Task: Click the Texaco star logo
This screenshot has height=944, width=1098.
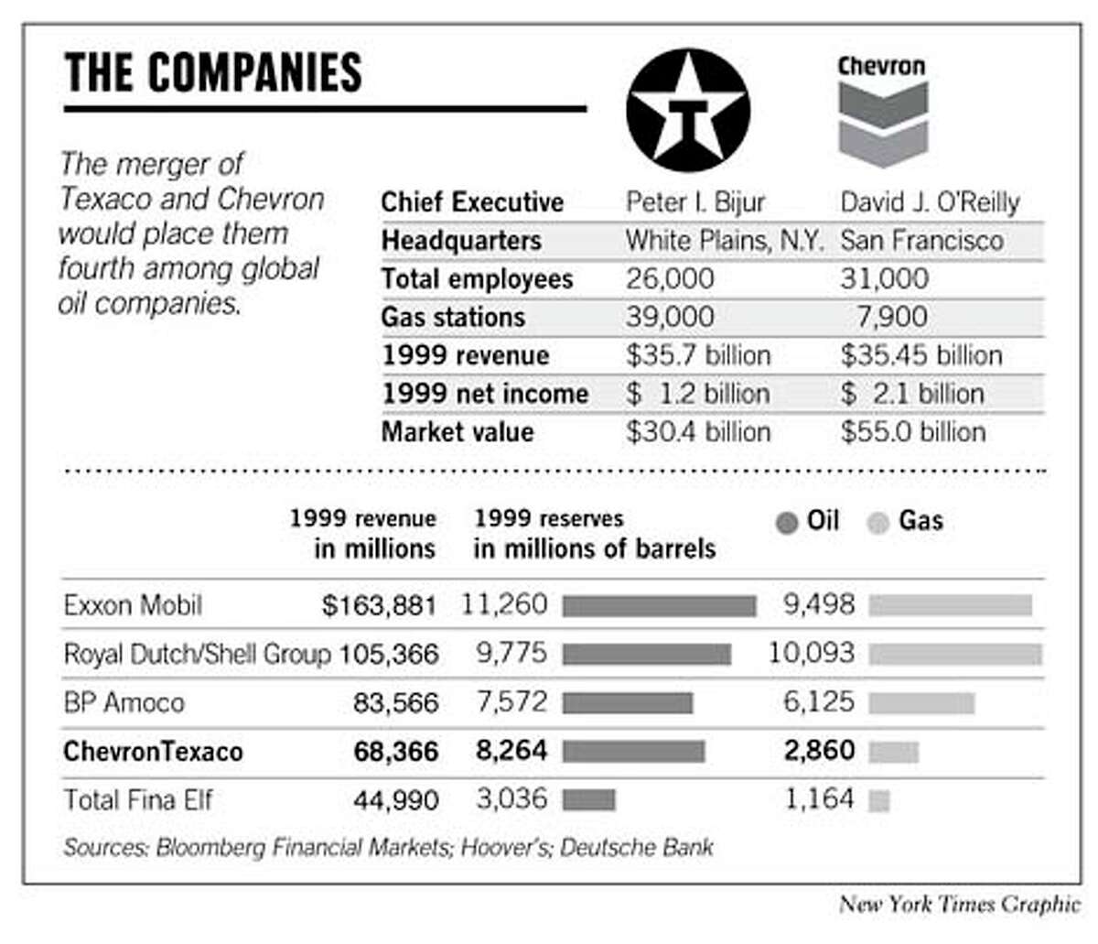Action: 688,111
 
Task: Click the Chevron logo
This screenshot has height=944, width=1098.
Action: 882,112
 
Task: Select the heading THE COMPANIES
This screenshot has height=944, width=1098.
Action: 213,73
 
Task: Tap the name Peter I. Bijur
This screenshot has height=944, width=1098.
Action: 695,201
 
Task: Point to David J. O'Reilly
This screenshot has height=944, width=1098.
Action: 930,201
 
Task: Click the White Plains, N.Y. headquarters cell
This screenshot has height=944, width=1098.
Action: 724,241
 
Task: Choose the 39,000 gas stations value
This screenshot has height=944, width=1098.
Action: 670,317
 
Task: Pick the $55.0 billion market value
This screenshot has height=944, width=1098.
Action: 912,432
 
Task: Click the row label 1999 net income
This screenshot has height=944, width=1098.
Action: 485,394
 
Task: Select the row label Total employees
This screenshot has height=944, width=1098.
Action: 477,278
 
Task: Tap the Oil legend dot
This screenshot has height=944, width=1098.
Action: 786,524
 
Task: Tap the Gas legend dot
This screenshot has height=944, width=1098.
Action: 878,524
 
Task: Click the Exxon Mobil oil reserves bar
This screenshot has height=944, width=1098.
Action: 659,606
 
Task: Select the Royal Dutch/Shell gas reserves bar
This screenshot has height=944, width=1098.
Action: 955,654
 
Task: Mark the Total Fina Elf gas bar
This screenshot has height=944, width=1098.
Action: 879,801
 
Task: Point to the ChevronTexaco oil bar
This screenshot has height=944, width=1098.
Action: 633,752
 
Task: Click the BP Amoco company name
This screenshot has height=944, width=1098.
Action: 124,703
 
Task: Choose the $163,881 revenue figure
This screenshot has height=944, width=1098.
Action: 379,606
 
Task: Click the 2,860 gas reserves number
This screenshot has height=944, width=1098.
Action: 819,752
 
